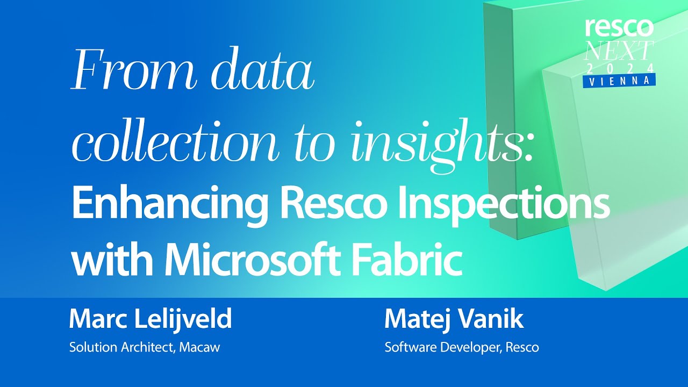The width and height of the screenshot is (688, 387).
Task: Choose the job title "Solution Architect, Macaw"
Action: [145, 347]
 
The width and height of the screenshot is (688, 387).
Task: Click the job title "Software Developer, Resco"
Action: [462, 347]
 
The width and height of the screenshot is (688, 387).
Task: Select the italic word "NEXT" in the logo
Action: [619, 51]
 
